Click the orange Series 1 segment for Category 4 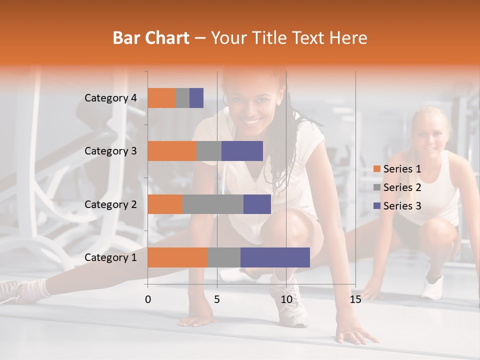click(x=161, y=98)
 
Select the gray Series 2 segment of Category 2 click(x=213, y=204)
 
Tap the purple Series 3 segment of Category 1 click(x=275, y=257)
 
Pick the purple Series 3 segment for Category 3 click(x=242, y=151)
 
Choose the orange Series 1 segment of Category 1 click(x=177, y=257)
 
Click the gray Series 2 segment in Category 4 click(x=182, y=98)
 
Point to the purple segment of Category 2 click(x=257, y=204)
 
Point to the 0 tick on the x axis click(x=148, y=299)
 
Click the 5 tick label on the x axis click(x=217, y=299)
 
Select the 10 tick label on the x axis click(x=286, y=299)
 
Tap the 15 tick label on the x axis click(x=355, y=299)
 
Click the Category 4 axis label click(x=110, y=98)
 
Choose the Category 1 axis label click(x=110, y=257)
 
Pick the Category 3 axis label click(x=110, y=151)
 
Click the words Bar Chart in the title click(x=151, y=37)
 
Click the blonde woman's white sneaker click(x=432, y=287)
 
